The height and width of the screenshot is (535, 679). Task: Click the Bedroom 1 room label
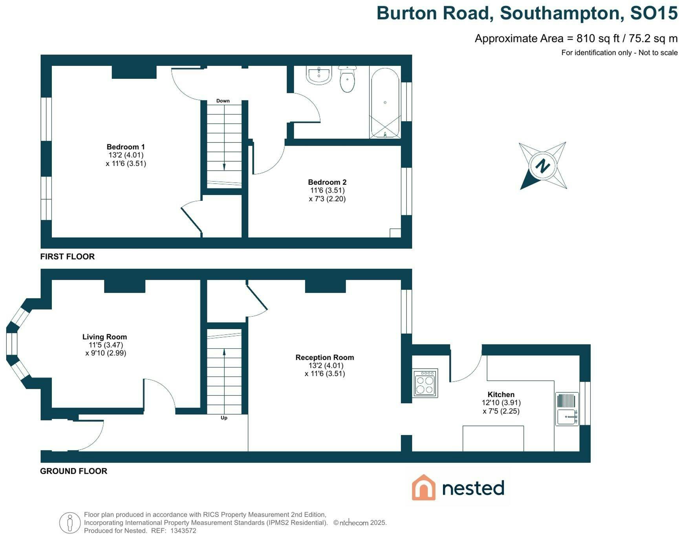click(126, 147)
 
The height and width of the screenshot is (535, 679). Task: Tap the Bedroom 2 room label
click(327, 182)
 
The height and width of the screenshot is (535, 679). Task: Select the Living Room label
click(104, 337)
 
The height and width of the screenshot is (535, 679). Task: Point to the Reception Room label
click(325, 357)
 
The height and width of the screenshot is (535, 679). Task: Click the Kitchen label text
click(501, 395)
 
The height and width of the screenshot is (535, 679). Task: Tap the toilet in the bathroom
click(347, 79)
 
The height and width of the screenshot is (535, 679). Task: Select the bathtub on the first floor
click(385, 103)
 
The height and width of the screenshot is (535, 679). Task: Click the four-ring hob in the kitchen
click(425, 383)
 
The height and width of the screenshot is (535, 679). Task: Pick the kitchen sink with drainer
click(567, 409)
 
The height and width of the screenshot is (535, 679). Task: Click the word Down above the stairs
click(223, 101)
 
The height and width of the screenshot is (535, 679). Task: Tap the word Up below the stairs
click(224, 418)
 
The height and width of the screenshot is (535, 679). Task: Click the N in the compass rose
click(543, 166)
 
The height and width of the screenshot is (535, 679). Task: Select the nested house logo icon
click(424, 488)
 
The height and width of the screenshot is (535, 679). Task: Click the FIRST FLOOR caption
click(68, 257)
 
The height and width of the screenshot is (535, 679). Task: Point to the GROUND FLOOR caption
click(74, 471)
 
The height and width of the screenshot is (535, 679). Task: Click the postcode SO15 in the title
click(654, 13)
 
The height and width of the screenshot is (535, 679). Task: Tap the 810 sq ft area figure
click(598, 38)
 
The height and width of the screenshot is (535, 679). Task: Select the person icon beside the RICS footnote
click(70, 523)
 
